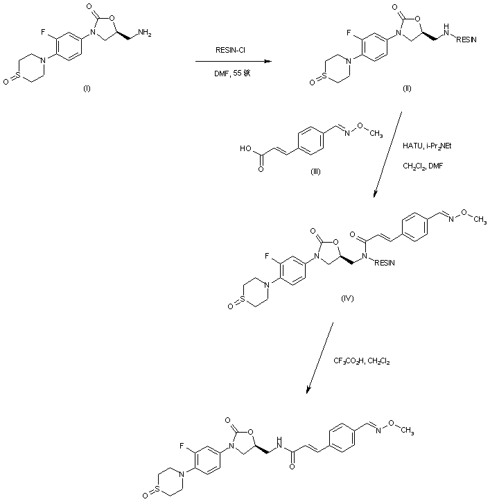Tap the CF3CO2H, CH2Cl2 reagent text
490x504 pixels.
point(362,360)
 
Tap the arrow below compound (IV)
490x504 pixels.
point(319,360)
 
